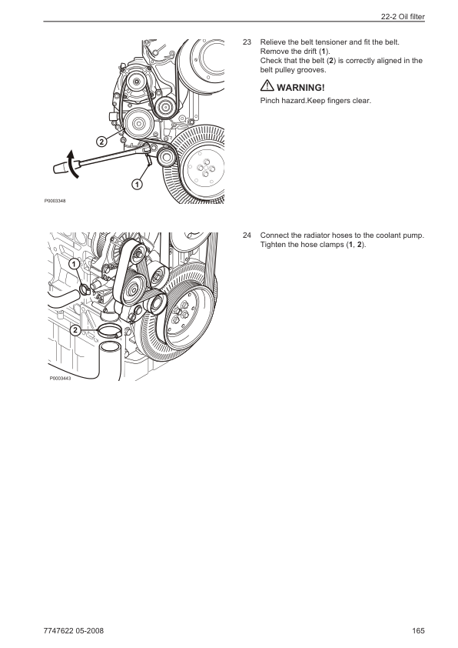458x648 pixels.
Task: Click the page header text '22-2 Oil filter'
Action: (x=403, y=17)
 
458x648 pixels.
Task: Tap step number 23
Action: (x=247, y=42)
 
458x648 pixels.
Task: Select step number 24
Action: (x=247, y=235)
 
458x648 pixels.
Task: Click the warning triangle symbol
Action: (x=267, y=85)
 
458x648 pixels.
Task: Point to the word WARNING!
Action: (x=300, y=88)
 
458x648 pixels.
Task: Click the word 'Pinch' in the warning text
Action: (x=270, y=100)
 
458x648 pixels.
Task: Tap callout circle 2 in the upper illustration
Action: (x=101, y=142)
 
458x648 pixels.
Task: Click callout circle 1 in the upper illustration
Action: (x=137, y=184)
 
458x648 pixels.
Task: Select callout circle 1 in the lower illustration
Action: (x=75, y=264)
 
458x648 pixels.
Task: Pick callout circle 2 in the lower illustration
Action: (x=75, y=330)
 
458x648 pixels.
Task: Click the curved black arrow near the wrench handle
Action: (x=73, y=165)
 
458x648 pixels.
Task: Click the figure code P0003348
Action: (x=55, y=202)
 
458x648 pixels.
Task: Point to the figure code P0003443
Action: (x=60, y=378)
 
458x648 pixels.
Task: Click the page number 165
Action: (x=418, y=630)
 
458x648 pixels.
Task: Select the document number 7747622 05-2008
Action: (x=74, y=630)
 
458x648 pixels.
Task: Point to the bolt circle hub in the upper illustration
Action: (x=205, y=169)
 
